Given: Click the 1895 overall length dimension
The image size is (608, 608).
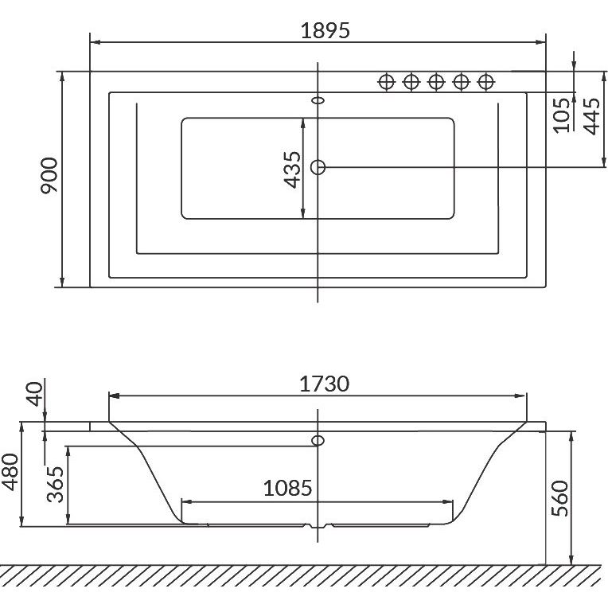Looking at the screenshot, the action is (x=325, y=30).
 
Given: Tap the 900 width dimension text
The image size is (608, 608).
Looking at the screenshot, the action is (x=49, y=175).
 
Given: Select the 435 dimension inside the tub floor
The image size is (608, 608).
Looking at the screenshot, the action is (x=292, y=170).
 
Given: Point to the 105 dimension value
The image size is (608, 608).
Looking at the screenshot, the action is (x=561, y=115).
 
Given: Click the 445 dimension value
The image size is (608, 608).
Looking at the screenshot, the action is (x=591, y=116).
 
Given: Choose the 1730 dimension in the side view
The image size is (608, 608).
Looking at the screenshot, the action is (x=325, y=384).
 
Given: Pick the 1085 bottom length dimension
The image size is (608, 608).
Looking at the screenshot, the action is (x=288, y=488).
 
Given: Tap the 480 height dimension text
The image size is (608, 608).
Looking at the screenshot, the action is (x=10, y=472).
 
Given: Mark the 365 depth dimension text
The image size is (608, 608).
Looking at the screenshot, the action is (x=55, y=485).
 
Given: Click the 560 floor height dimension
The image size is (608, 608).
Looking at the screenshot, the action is (x=559, y=498).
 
